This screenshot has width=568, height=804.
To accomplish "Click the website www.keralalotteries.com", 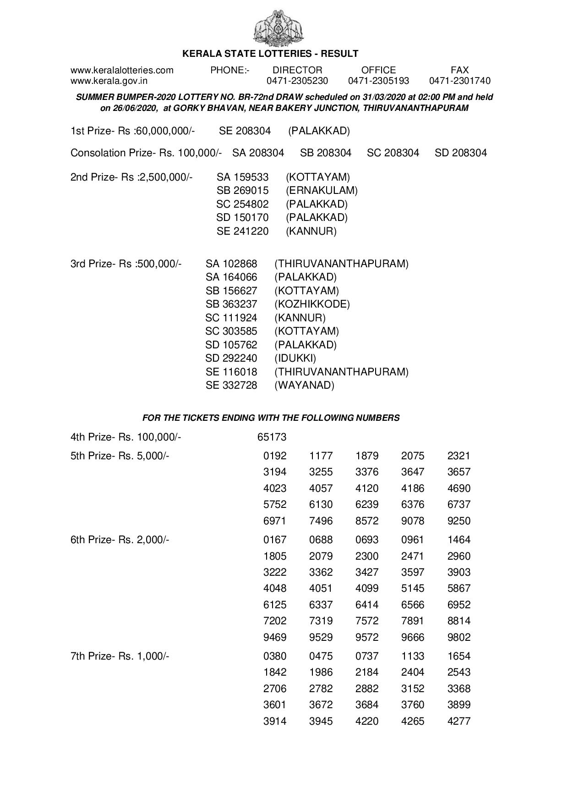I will (x=122, y=70).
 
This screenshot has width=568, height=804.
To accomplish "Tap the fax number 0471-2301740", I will (x=459, y=81).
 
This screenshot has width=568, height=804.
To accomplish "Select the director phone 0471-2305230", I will (x=297, y=81).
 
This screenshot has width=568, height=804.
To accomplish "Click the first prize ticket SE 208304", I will (x=245, y=131).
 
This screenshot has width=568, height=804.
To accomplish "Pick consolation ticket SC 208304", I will (x=393, y=153).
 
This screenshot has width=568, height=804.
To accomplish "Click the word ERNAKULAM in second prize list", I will (x=322, y=190).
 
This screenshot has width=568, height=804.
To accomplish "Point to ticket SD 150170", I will (x=242, y=217).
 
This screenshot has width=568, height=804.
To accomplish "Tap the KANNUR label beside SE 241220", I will (x=311, y=231).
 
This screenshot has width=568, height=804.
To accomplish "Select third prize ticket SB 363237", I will (x=231, y=304).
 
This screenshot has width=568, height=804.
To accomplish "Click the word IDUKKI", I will (x=295, y=358).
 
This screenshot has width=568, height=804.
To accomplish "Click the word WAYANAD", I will (x=304, y=385).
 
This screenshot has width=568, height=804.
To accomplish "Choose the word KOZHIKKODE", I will (x=312, y=304).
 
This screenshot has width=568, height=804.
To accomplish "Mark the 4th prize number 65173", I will (x=272, y=437).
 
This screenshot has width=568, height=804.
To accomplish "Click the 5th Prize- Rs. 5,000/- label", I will (x=120, y=456).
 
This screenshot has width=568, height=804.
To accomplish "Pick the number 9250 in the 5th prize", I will (x=459, y=521).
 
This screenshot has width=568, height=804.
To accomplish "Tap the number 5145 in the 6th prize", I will (x=413, y=589).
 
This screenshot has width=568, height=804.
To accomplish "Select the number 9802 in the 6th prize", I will (x=459, y=637).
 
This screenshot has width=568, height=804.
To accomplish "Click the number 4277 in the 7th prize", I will (x=459, y=721).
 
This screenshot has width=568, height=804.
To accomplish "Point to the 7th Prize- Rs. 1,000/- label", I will (x=120, y=656).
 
